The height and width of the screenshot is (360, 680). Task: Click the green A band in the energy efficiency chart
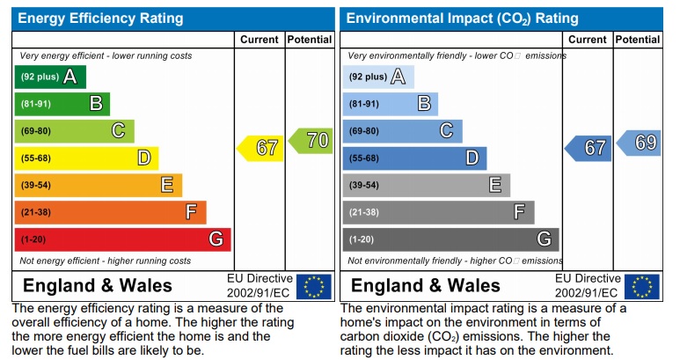(50, 77)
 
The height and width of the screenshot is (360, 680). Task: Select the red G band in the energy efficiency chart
(122, 239)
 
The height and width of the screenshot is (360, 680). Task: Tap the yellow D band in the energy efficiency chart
(86, 158)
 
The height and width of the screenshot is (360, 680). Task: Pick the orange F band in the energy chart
(110, 212)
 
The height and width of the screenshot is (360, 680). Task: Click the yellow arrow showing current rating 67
(261, 148)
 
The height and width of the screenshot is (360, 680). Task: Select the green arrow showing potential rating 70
(311, 140)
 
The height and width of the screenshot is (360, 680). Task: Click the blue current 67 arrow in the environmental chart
(589, 148)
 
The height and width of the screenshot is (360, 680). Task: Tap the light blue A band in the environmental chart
(377, 77)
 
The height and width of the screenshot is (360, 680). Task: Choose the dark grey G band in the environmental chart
(450, 239)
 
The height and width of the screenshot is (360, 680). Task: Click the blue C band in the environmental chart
(402, 131)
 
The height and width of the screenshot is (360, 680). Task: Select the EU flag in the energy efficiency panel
(313, 286)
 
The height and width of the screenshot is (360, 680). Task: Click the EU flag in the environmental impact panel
(641, 286)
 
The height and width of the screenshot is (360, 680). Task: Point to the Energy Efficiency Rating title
(101, 18)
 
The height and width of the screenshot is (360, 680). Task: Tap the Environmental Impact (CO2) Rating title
(463, 18)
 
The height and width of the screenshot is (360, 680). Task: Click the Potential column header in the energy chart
(309, 40)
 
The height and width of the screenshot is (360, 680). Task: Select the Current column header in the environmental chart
(588, 40)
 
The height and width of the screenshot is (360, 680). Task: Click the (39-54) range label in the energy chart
(36, 186)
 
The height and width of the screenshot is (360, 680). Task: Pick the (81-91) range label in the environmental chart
(364, 105)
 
